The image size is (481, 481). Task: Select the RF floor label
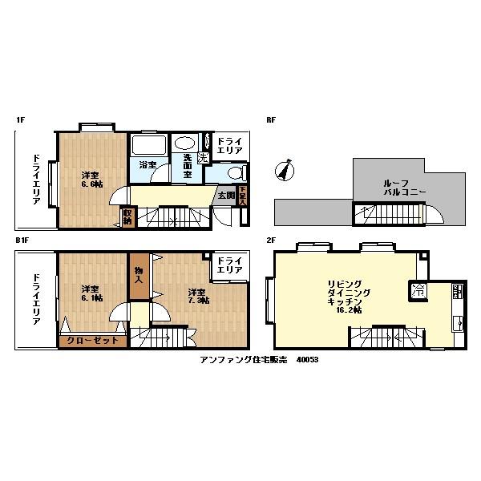click(271, 119)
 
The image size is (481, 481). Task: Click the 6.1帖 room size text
click(89, 299)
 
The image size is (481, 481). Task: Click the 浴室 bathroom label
click(148, 165)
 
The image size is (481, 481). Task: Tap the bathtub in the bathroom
click(148, 146)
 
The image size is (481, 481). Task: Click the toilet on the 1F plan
click(235, 174)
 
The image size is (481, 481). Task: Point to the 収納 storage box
click(127, 216)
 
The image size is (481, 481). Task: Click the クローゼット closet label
click(92, 340)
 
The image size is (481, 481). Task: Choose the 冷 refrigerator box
click(418, 292)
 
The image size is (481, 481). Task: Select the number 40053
click(307, 360)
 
